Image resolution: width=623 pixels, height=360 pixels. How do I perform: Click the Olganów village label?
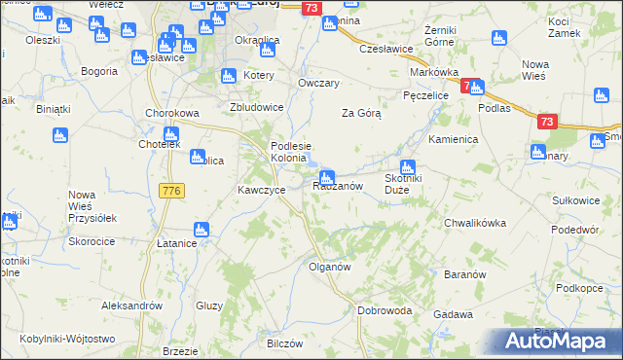point(329,266)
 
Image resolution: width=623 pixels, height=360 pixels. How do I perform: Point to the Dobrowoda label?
point(385,311)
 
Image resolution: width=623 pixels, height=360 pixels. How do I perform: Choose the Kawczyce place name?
point(262,190)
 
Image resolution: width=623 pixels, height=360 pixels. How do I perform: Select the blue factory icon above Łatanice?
point(202,230)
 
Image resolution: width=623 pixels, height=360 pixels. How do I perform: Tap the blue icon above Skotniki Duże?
point(407,166)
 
